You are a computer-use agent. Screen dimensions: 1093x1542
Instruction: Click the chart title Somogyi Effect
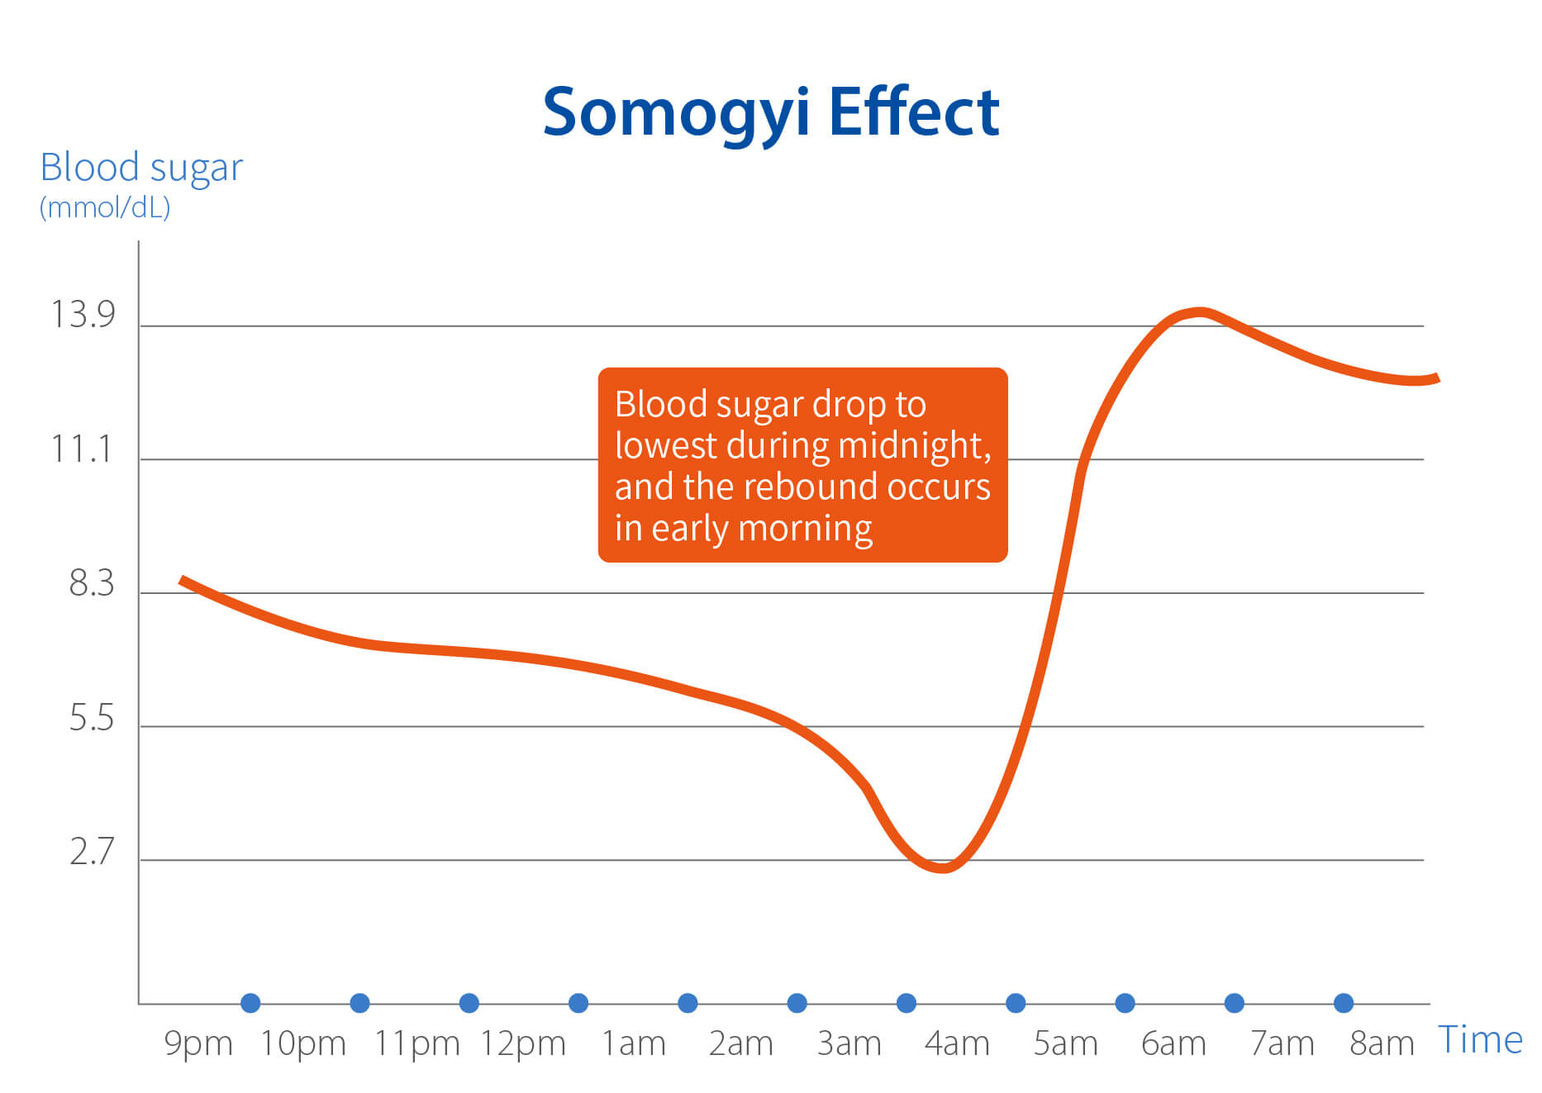click(770, 112)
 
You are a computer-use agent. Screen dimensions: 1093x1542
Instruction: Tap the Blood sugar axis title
click(141, 168)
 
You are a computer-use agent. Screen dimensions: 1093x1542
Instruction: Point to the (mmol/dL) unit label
click(105, 207)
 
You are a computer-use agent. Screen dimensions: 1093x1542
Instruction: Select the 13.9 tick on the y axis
click(83, 315)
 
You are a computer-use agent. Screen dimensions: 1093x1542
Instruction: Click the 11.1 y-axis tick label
click(81, 449)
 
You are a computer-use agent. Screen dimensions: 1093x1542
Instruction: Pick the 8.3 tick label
click(91, 583)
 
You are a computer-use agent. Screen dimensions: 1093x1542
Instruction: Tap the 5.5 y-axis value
click(91, 718)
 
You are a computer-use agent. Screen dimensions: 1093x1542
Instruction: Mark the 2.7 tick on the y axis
click(91, 852)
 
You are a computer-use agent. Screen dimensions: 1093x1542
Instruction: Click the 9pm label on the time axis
click(198, 1043)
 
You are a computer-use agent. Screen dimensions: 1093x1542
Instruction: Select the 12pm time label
click(523, 1043)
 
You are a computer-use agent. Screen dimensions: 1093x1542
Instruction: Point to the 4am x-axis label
click(957, 1043)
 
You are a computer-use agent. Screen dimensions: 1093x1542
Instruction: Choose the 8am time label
click(1382, 1043)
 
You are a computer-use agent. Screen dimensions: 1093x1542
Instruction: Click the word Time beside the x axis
click(1480, 1039)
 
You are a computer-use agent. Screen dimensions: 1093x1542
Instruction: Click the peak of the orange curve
click(1201, 312)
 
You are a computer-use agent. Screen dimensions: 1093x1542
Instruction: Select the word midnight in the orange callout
click(914, 446)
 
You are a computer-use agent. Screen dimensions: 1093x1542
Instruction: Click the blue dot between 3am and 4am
click(907, 1003)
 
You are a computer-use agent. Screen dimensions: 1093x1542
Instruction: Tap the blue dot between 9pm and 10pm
click(250, 1003)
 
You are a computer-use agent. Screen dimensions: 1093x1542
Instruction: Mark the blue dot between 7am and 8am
click(1344, 1003)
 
